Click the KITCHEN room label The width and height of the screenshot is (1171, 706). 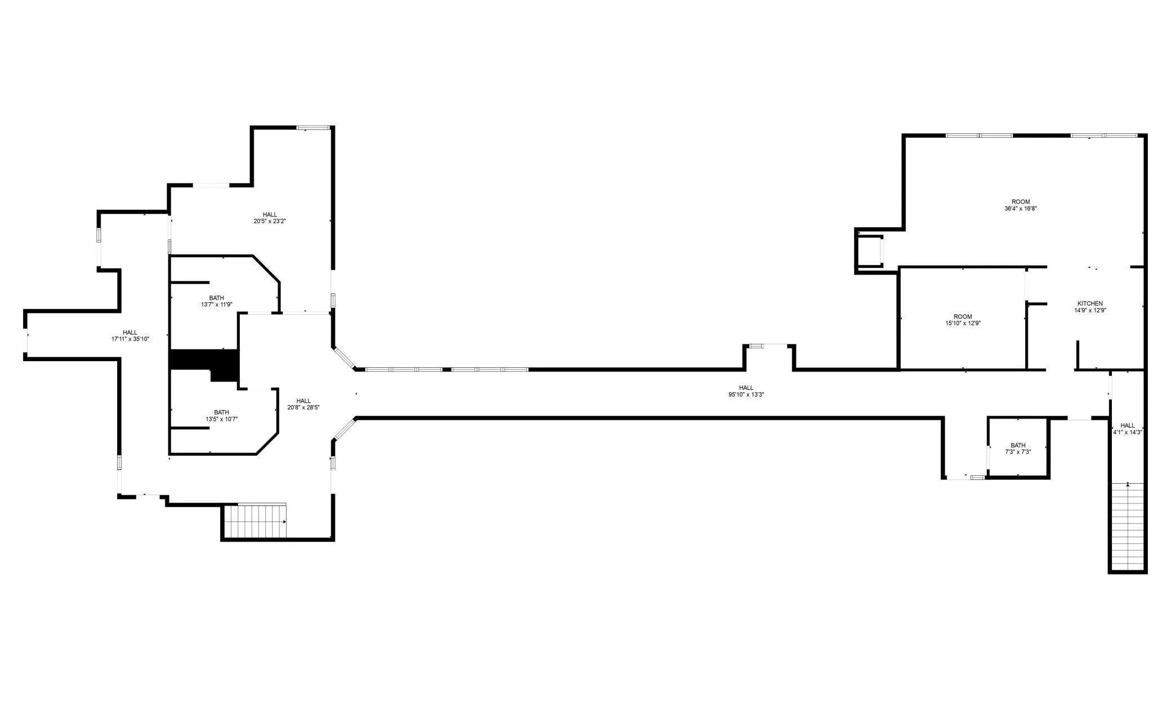tap(1090, 304)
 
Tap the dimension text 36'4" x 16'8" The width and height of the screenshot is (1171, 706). tap(1020, 208)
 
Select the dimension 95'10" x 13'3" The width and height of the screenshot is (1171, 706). tap(746, 394)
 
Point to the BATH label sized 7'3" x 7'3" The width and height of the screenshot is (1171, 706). tap(1018, 446)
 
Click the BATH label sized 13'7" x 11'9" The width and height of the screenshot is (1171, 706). tap(217, 298)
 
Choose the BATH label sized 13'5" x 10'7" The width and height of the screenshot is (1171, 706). tap(221, 412)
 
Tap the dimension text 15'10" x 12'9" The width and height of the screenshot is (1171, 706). tap(963, 323)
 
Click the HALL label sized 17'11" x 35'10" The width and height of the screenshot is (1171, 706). tap(130, 332)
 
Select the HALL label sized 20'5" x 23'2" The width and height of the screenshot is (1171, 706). tap(270, 215)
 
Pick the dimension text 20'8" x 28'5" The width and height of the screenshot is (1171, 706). tap(303, 407)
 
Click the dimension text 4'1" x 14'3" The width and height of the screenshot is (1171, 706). tap(1127, 432)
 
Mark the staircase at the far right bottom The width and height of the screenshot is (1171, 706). tap(1128, 527)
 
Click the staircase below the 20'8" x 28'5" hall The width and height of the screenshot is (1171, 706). tap(255, 520)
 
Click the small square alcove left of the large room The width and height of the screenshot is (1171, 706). tap(869, 250)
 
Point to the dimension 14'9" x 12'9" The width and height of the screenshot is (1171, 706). tap(1090, 310)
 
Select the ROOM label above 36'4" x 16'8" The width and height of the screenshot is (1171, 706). tap(1020, 202)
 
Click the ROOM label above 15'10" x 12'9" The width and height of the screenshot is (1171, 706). tap(963, 317)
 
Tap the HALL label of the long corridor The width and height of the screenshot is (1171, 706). tap(746, 388)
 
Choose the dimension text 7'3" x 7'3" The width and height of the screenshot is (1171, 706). tap(1018, 452)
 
